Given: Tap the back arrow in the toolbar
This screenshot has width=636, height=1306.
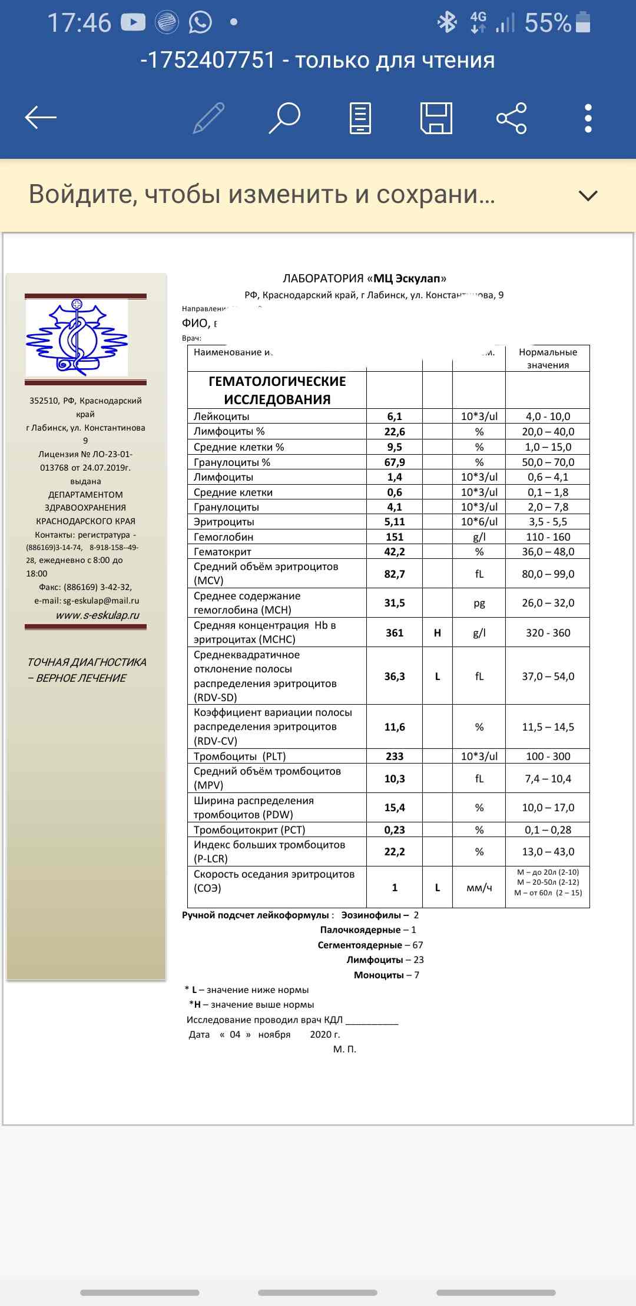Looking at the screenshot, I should tap(41, 118).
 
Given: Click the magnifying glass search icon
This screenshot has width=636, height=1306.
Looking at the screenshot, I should tap(285, 118).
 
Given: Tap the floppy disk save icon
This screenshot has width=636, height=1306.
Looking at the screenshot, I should tap(436, 118).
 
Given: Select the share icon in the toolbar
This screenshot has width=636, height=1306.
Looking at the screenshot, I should tap(512, 118).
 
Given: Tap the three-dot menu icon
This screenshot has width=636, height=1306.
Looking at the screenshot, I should tap(588, 118).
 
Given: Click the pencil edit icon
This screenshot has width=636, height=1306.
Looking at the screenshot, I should tap(209, 118).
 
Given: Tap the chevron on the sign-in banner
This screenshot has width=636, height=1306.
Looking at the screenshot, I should tap(588, 195).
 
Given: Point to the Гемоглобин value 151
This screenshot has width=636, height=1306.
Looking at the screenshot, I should tap(395, 537).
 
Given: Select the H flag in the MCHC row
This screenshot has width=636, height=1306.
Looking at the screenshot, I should tap(438, 633).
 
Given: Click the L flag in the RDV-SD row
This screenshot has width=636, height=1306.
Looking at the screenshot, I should tap(438, 677).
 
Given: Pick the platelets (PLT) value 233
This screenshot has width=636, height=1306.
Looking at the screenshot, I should tap(395, 757).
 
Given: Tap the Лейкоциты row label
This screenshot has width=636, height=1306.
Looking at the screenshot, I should tap(221, 417).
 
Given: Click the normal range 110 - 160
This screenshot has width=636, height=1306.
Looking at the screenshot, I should tap(548, 537).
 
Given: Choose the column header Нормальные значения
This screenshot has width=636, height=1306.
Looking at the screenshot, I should tap(548, 358).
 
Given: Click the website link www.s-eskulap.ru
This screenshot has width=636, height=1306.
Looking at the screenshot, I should tap(98, 615).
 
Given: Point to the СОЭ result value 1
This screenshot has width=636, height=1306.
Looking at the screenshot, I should tap(395, 888).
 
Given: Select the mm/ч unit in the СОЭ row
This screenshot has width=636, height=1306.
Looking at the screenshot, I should tap(479, 888).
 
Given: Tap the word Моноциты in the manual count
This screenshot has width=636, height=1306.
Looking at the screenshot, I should tap(379, 975).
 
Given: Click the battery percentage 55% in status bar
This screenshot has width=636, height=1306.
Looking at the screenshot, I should tap(548, 23).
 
